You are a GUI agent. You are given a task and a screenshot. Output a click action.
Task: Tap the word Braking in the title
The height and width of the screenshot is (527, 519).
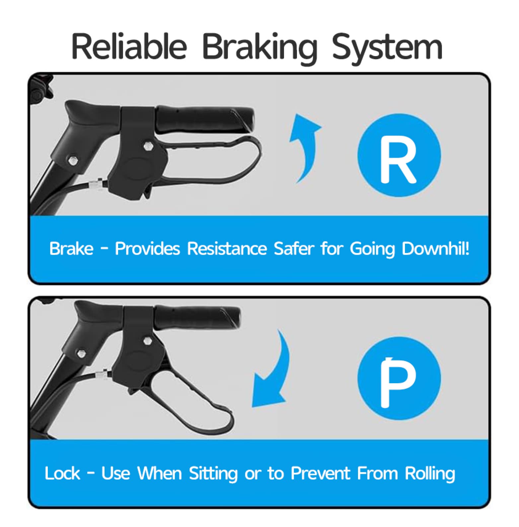coord(259,48)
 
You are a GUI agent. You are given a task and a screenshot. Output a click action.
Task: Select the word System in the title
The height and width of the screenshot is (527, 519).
coord(387,48)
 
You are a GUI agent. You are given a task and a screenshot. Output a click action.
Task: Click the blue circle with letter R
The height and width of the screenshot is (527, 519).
coord(399,155)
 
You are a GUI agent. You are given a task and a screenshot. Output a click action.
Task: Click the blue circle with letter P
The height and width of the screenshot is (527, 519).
coord(399,378)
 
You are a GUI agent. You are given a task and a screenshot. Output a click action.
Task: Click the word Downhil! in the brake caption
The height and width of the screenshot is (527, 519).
coord(436,248)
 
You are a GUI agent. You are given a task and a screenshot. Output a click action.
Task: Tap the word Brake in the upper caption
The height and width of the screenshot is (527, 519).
coord(71,248)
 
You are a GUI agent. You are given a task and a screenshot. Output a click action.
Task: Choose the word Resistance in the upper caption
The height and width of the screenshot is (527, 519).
coord(227,248)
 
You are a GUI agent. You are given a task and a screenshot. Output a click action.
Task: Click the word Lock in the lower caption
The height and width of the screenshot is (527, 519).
coord(62,473)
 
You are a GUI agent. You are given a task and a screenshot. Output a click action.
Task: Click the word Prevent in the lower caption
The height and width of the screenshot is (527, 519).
coord(321,473)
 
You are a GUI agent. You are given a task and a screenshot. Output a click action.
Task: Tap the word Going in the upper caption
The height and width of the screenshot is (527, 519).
coord(372,249)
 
